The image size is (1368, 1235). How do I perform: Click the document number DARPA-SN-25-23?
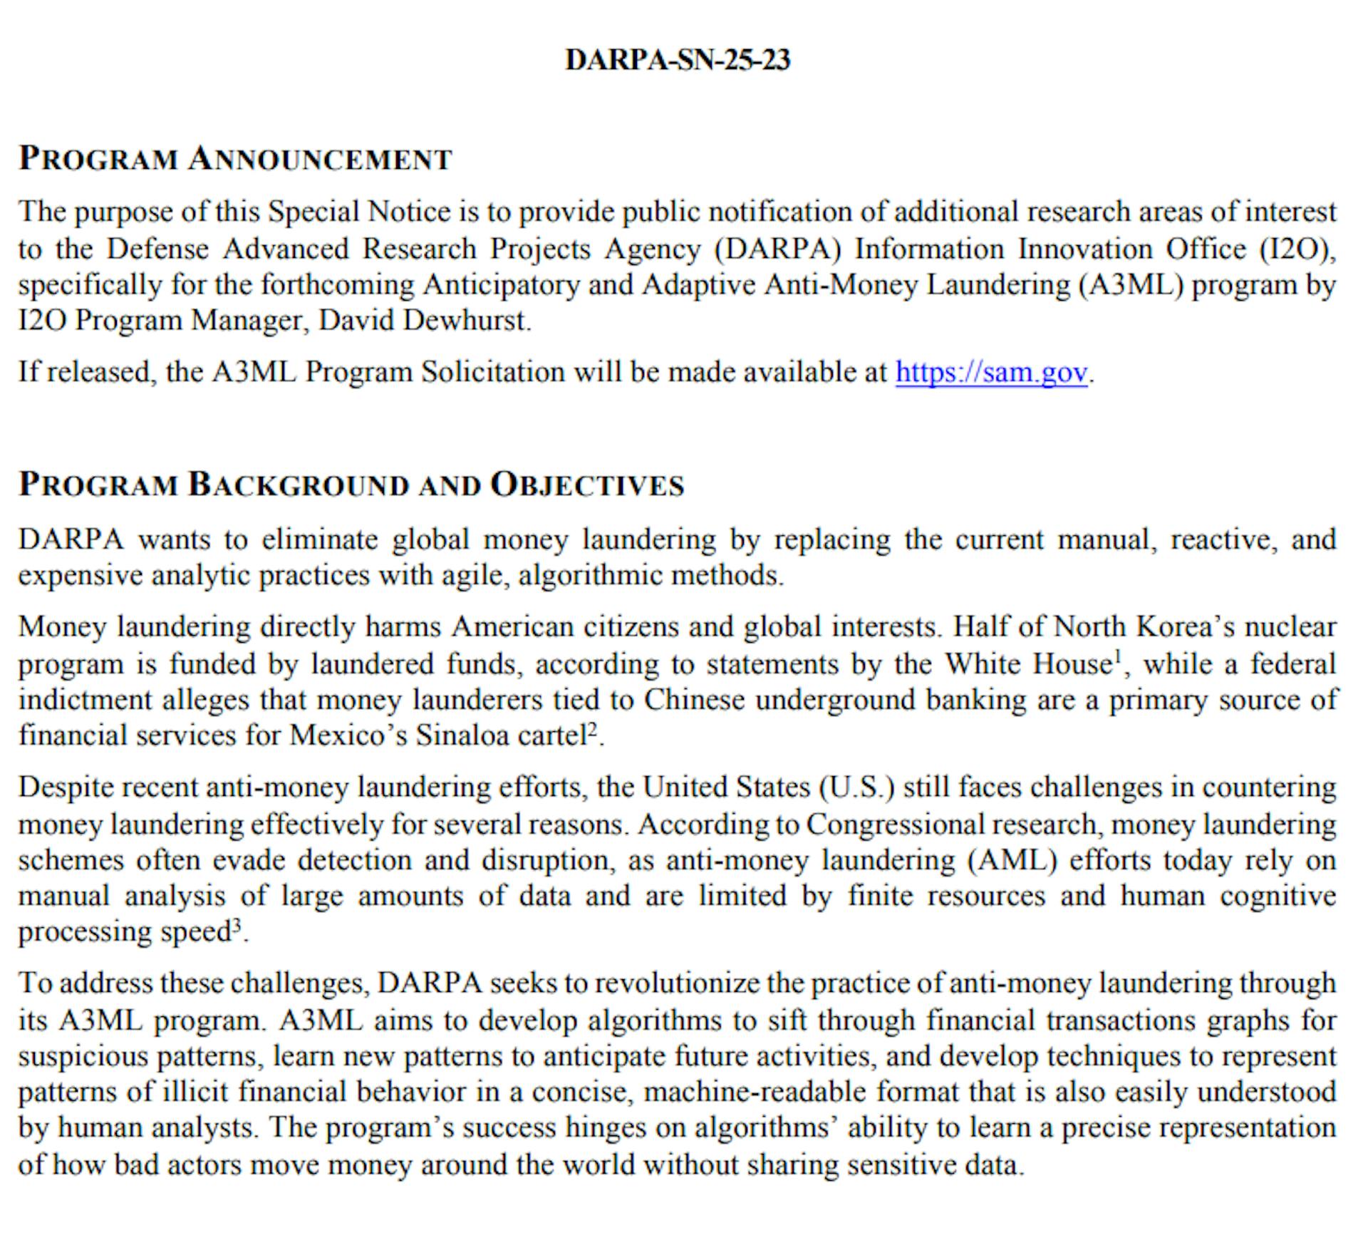click(x=678, y=60)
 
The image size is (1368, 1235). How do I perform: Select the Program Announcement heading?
click(x=235, y=158)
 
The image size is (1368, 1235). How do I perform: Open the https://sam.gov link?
click(x=991, y=372)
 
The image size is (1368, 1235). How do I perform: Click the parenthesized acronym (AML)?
click(x=1012, y=860)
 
